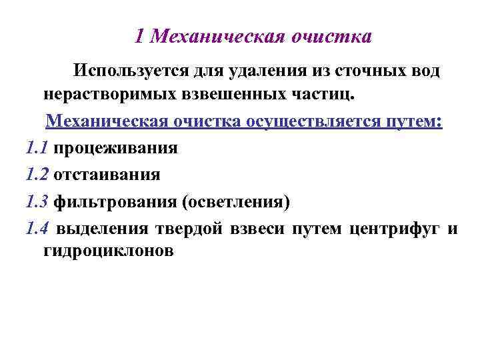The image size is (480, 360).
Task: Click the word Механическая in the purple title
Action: click(x=217, y=36)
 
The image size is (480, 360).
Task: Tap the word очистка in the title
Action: click(x=331, y=36)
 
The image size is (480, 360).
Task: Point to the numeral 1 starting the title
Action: click(x=139, y=36)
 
